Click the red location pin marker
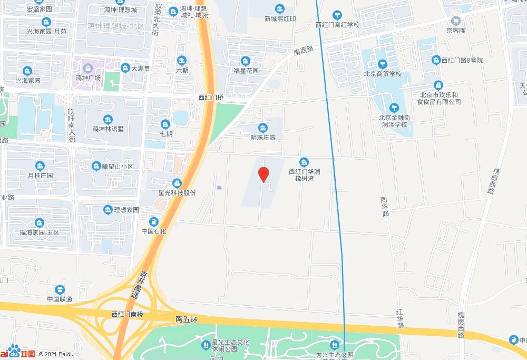(x=264, y=173)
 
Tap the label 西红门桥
(x=211, y=98)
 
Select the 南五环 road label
(x=187, y=319)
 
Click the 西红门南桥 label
(x=128, y=314)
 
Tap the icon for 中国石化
(x=154, y=221)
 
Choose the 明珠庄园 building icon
(x=262, y=128)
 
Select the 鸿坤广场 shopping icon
(x=88, y=68)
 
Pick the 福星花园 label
(x=246, y=71)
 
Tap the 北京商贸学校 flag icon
(x=383, y=64)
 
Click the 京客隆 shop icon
(x=456, y=21)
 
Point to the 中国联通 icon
(x=60, y=289)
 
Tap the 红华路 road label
(x=400, y=319)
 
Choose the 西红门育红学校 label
(x=337, y=25)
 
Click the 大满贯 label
(x=141, y=69)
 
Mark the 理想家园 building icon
(x=108, y=209)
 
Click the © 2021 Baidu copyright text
(x=56, y=354)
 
